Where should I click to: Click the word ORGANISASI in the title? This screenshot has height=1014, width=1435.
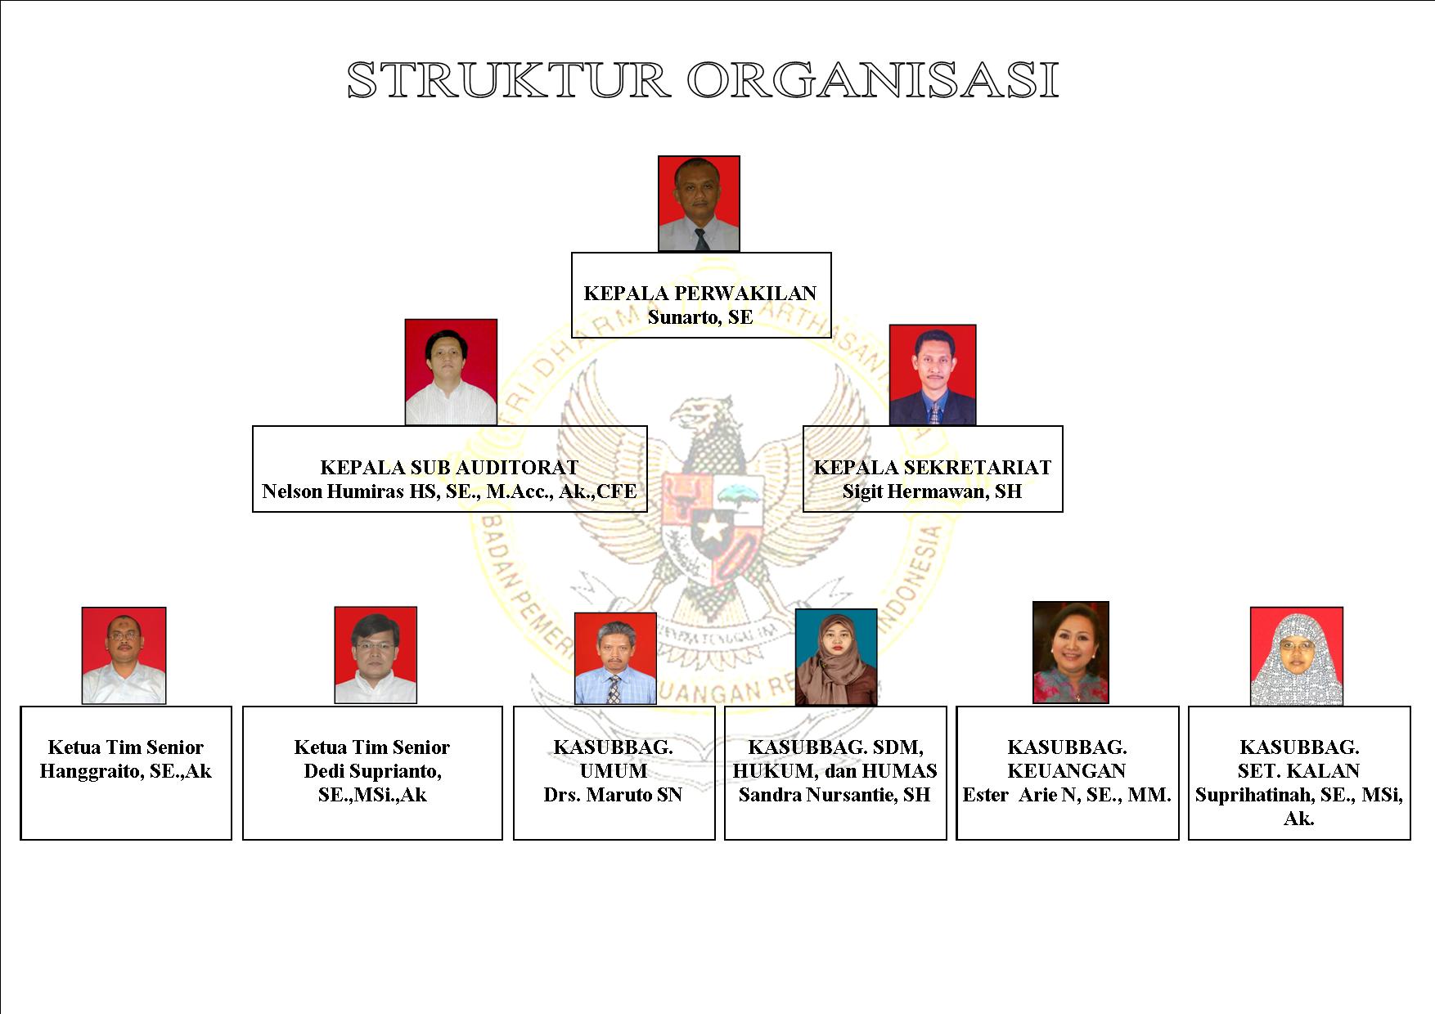[x=873, y=80]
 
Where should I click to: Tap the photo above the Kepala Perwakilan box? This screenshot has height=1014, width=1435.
[x=700, y=204]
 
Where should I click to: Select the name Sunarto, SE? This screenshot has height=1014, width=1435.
[x=700, y=317]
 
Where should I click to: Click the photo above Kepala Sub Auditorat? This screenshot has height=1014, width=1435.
[x=451, y=372]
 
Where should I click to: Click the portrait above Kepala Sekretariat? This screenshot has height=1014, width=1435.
[x=933, y=375]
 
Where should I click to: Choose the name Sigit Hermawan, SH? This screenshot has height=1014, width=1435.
[x=933, y=491]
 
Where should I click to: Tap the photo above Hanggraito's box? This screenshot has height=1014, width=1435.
[x=124, y=656]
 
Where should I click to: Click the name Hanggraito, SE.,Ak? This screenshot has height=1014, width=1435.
[x=126, y=771]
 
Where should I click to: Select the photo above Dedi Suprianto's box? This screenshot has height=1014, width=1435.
[x=376, y=655]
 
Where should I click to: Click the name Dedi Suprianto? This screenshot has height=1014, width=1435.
[x=372, y=771]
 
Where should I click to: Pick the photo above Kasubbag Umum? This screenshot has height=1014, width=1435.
[x=615, y=659]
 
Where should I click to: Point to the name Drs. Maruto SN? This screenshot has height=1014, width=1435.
[x=613, y=795]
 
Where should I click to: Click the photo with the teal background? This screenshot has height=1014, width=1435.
[x=836, y=657]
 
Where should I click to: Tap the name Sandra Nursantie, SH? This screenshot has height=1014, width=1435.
[x=834, y=795]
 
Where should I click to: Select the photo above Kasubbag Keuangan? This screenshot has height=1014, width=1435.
[x=1071, y=653]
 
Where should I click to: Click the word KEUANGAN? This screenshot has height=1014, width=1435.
[x=1067, y=771]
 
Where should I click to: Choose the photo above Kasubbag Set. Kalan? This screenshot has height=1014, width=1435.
[x=1297, y=656]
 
